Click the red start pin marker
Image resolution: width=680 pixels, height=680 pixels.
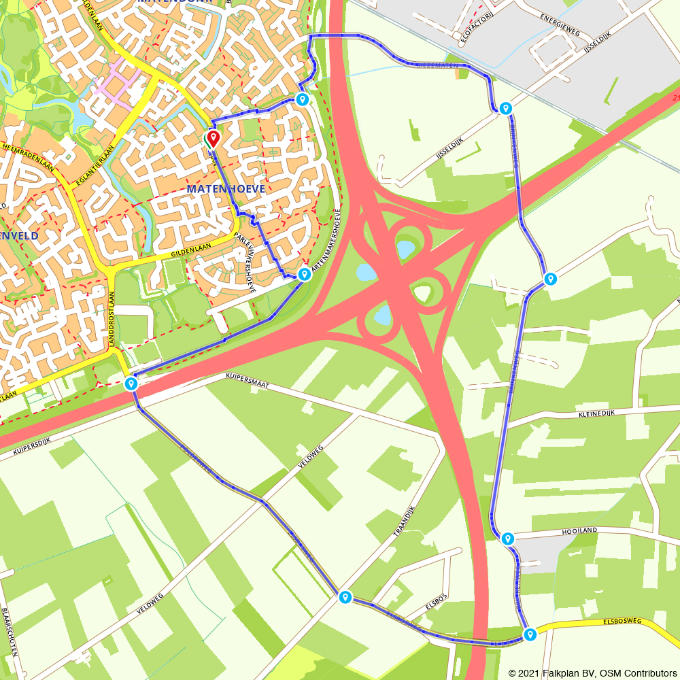pyautogui.click(x=213, y=139)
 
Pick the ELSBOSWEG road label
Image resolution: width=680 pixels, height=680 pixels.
pyautogui.click(x=622, y=622)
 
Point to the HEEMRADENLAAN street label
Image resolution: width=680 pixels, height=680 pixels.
pyautogui.click(x=28, y=156)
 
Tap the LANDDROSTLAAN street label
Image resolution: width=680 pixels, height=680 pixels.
pyautogui.click(x=113, y=320)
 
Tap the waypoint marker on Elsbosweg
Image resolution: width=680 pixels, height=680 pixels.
pyautogui.click(x=530, y=634)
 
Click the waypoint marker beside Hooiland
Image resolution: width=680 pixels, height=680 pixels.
pyautogui.click(x=507, y=539)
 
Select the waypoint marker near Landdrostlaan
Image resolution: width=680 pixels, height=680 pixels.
pyautogui.click(x=131, y=384)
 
